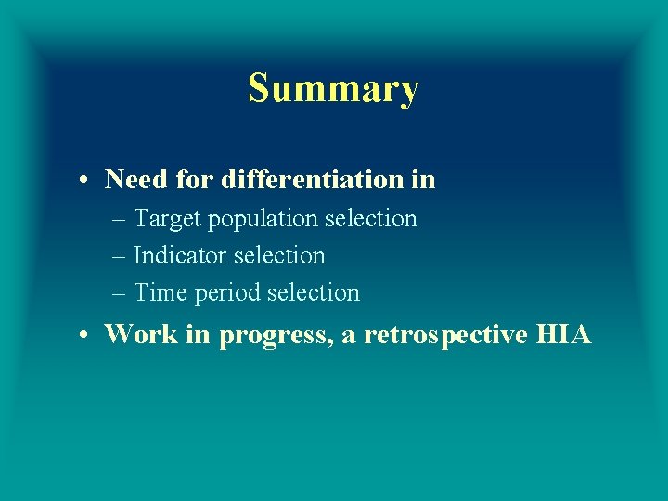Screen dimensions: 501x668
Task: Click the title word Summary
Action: click(333, 89)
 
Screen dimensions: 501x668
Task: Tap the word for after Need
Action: click(195, 179)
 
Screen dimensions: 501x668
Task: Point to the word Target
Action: click(168, 219)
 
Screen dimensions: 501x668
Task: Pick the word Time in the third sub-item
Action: click(161, 293)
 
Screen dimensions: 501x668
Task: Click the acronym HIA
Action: click(563, 334)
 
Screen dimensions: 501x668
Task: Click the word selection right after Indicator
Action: click(283, 255)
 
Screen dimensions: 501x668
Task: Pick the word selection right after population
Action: click(375, 219)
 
